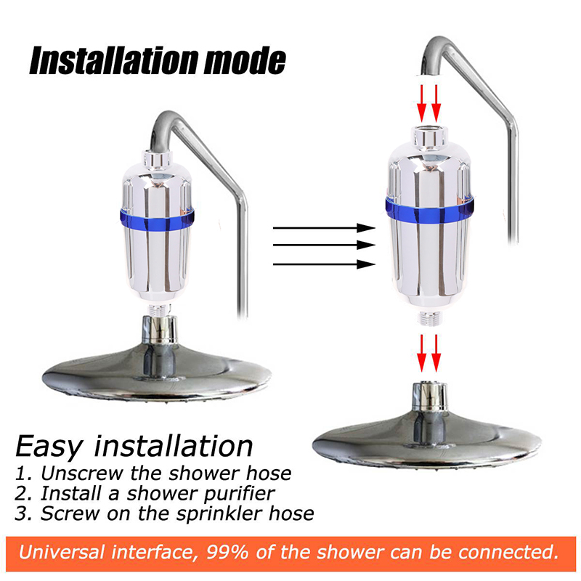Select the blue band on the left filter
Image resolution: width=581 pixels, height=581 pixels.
[x=157, y=220]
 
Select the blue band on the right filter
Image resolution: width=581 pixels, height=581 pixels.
[x=429, y=210]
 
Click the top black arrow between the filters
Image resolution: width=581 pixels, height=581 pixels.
[x=324, y=228]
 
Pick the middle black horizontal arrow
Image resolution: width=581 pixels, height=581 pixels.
[x=324, y=245]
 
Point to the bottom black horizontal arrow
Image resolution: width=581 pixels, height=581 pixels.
[x=324, y=264]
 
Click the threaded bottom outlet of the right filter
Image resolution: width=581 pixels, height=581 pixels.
[x=429, y=318]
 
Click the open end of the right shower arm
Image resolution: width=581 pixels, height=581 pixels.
[x=429, y=73]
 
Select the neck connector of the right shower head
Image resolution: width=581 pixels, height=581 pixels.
[x=430, y=397]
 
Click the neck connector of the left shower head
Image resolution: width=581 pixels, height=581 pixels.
[x=160, y=330]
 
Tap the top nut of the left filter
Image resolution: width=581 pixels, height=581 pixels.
[x=157, y=158]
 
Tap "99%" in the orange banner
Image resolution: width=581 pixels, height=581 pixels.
[x=227, y=552]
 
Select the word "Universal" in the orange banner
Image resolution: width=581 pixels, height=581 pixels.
[x=62, y=552]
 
